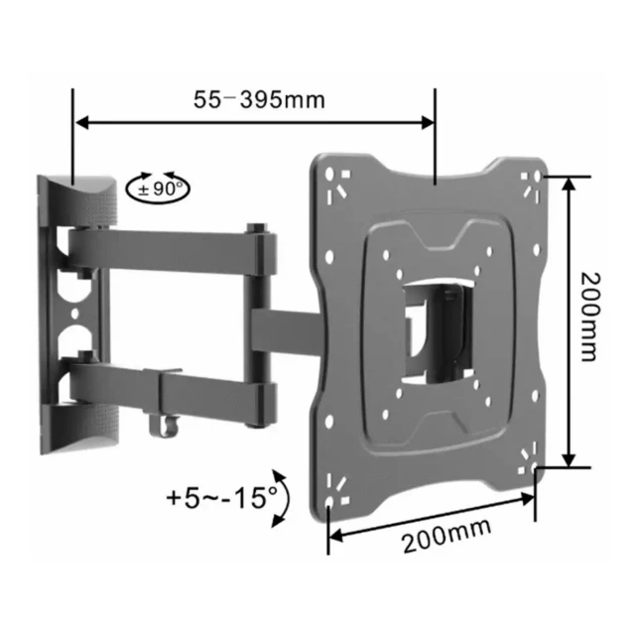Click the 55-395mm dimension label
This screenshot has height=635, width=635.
257,100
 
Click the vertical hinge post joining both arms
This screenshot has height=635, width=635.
261,317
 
